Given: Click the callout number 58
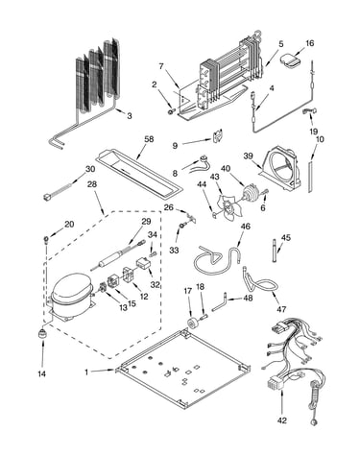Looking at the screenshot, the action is click(149, 139).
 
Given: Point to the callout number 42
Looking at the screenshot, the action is click(282, 420).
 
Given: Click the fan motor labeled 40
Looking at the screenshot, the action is click(252, 193).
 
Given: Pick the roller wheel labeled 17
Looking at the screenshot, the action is click(193, 324).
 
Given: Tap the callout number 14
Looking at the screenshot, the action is click(42, 373).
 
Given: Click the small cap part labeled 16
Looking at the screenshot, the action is click(291, 60).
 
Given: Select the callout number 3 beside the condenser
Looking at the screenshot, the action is click(130, 115).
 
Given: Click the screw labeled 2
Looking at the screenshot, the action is click(172, 111).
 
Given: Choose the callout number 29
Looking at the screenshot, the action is click(146, 221).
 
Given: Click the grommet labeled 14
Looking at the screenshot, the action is click(42, 333).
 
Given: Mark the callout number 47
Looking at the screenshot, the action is click(282, 309).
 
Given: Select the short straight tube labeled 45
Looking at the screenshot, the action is click(276, 251).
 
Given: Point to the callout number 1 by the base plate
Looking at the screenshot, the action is click(86, 372).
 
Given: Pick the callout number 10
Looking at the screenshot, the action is click(320, 139).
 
